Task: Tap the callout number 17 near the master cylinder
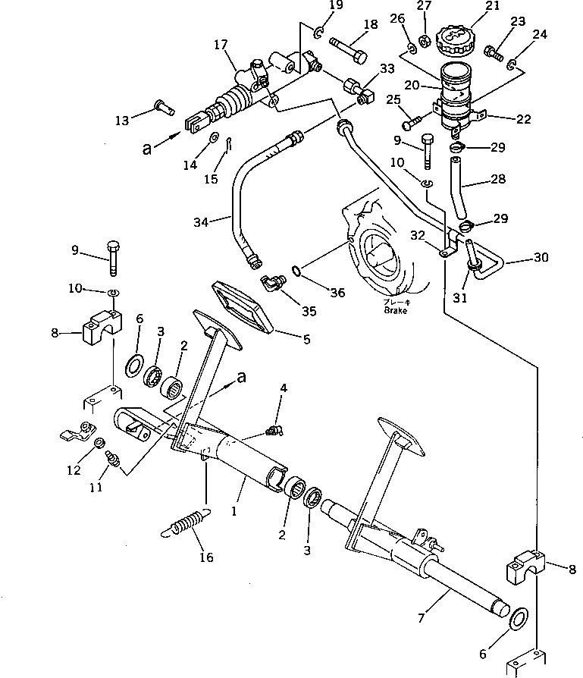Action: pyautogui.click(x=221, y=45)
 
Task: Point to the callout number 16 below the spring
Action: pyautogui.click(x=205, y=557)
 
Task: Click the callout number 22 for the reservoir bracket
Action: pyautogui.click(x=523, y=119)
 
